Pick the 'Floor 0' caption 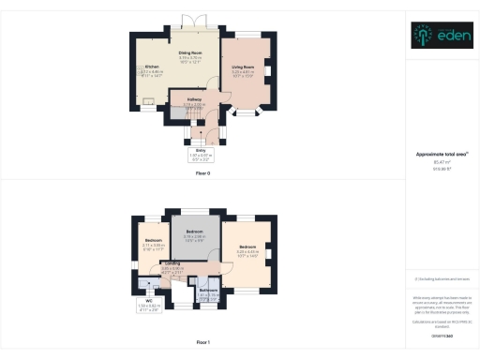coord(202,172)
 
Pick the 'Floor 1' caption coord(202,344)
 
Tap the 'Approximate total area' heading coord(440,154)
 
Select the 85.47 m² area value coord(440,161)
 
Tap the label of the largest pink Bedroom coord(247,248)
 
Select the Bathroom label coord(209,292)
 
